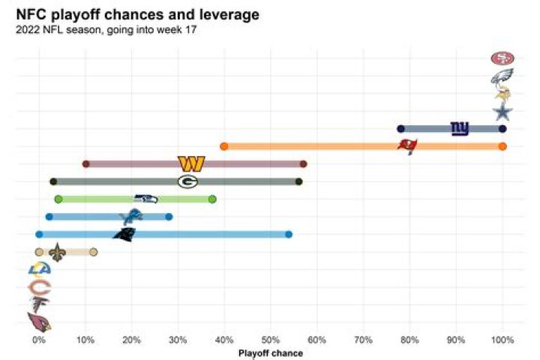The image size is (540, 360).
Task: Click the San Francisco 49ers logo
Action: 502,58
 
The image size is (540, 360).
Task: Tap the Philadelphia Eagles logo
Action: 502,76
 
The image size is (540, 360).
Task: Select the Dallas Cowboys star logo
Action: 502,112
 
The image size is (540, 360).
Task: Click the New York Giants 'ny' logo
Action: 459,128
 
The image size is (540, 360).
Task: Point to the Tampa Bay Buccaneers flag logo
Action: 407,145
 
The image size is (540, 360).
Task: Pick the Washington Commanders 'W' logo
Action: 191,163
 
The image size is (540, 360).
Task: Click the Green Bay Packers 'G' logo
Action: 187,181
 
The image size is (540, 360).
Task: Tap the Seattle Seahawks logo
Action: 145,199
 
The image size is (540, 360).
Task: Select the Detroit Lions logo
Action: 131,217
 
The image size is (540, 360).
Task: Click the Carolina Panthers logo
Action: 124,234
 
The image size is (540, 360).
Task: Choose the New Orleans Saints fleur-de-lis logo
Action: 57,252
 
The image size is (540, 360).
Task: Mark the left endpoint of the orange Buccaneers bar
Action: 223,146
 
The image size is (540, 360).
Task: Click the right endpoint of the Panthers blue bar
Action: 289,235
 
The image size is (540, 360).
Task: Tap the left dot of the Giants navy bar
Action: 400,128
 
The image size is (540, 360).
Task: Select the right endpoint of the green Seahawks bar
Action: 212,199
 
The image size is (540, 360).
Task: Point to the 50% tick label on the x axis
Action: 271,340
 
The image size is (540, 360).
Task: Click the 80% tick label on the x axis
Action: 409,340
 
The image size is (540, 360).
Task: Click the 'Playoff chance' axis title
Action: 270,353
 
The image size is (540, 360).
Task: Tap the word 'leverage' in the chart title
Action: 229,15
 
